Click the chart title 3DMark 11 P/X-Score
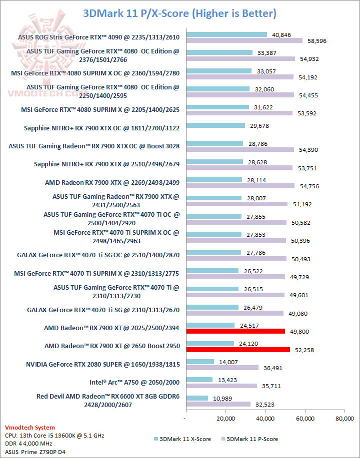(179, 12)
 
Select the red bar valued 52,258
(237, 350)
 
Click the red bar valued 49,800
(235, 331)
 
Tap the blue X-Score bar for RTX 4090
(226, 34)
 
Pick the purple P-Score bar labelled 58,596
(244, 40)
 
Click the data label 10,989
(223, 398)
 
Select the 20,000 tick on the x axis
(225, 418)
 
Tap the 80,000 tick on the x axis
(344, 418)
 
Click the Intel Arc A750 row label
(134, 383)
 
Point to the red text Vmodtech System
(29, 428)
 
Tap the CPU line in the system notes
(54, 436)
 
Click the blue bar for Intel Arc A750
(199, 380)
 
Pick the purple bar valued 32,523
(218, 404)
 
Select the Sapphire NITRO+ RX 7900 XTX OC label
(101, 128)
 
